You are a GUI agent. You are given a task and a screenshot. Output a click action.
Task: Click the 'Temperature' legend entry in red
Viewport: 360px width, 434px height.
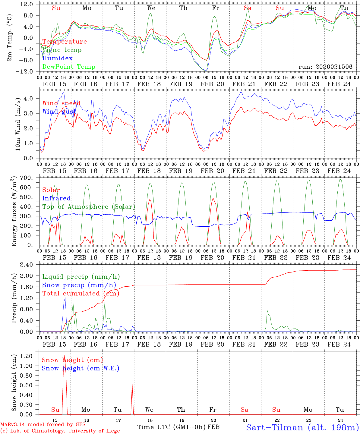point(64,42)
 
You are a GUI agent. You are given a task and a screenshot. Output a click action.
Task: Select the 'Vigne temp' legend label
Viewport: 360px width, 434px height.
point(62,50)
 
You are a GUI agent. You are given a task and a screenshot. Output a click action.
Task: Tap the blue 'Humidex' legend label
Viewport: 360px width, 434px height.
point(57,58)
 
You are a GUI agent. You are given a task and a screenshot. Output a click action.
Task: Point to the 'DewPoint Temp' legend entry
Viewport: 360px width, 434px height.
point(69,67)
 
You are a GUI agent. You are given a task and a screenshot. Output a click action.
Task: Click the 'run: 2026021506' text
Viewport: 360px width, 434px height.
point(325,67)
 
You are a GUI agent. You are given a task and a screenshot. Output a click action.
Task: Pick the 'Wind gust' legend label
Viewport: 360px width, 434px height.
point(59,112)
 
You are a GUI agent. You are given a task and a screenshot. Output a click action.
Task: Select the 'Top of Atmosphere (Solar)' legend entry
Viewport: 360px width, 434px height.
point(89,207)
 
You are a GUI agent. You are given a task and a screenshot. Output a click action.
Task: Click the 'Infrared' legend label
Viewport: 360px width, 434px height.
point(56,198)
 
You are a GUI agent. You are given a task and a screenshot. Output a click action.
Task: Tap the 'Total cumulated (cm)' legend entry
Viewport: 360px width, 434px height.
point(81,293)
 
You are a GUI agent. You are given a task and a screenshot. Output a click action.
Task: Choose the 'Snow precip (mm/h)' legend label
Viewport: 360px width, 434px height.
point(79,285)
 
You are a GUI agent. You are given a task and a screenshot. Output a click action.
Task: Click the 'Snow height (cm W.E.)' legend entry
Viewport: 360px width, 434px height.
point(81,368)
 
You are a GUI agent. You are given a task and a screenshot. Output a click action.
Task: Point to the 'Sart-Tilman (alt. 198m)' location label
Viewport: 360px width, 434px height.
point(302,427)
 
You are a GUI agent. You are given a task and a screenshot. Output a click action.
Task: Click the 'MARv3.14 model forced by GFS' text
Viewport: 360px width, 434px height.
point(43,425)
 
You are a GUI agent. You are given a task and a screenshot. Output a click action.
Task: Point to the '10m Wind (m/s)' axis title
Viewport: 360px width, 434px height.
point(18,124)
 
